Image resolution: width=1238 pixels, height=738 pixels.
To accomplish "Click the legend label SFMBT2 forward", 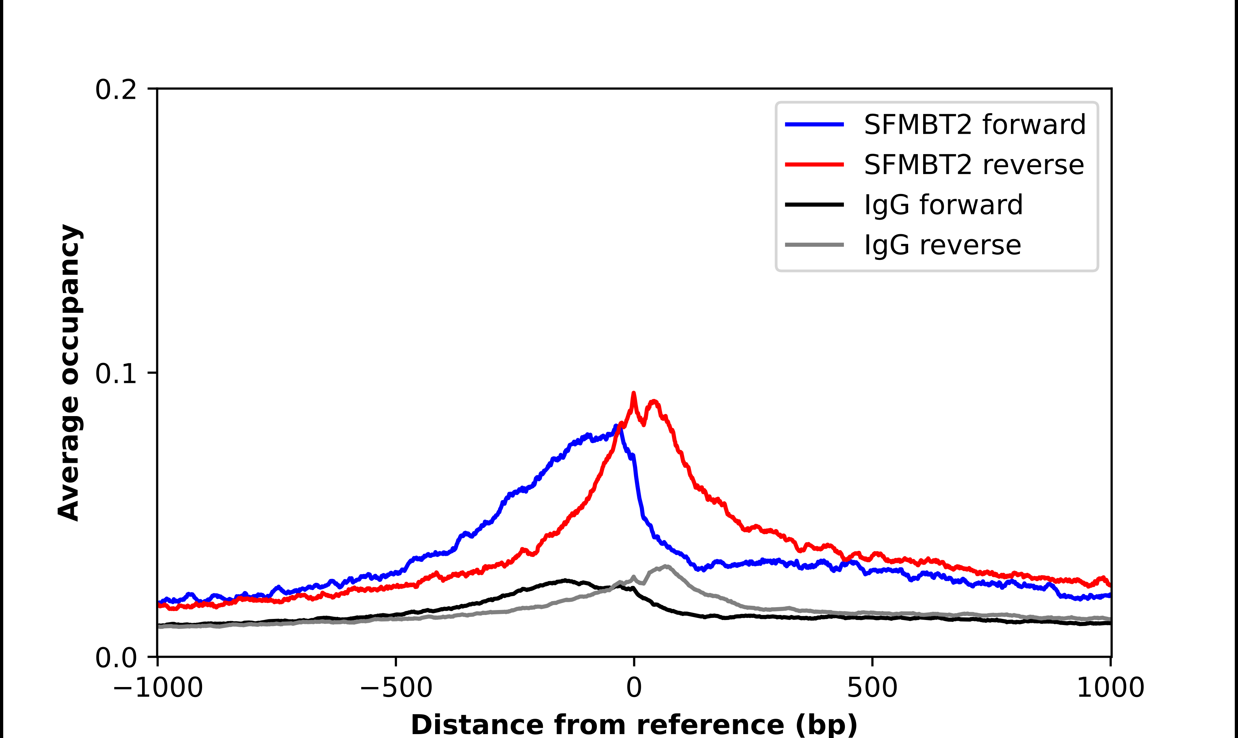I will pyautogui.click(x=975, y=124).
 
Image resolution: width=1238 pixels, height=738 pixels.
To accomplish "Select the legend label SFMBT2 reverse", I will pyautogui.click(x=974, y=165).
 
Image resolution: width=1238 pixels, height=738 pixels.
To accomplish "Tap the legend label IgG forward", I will pyautogui.click(x=943, y=205).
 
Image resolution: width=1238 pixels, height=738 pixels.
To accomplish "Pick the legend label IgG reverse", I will pyautogui.click(x=942, y=245).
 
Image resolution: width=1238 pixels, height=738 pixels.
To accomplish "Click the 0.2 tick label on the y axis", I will pyautogui.click(x=116, y=90).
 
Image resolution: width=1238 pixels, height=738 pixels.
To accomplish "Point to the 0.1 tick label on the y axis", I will pyautogui.click(x=116, y=374).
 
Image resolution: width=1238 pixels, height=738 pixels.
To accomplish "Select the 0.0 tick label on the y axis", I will pyautogui.click(x=116, y=658).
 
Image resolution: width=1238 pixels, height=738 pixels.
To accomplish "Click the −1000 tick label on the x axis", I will pyautogui.click(x=158, y=688).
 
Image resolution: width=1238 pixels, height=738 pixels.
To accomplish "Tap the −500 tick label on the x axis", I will pyautogui.click(x=396, y=688).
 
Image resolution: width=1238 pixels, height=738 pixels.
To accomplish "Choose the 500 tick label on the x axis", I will pyautogui.click(x=872, y=688).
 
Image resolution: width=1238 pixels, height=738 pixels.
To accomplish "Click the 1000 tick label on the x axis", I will pyautogui.click(x=1110, y=688).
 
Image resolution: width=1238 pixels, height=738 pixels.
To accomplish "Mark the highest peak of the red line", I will pyautogui.click(x=633, y=393).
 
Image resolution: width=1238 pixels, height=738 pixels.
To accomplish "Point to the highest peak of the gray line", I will pyautogui.click(x=665, y=567).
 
